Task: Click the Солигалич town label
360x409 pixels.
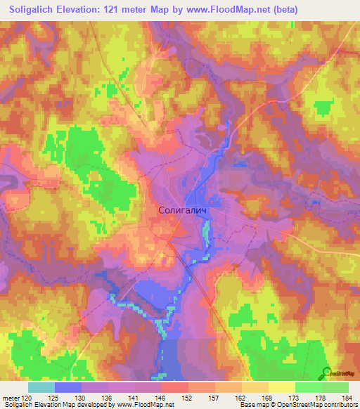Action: pyautogui.click(x=185, y=211)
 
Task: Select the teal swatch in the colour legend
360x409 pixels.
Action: pyautogui.click(x=41, y=387)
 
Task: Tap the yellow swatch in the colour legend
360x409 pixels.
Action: pyautogui.click(x=281, y=387)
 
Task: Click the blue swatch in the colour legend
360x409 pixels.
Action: pyautogui.click(x=68, y=387)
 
